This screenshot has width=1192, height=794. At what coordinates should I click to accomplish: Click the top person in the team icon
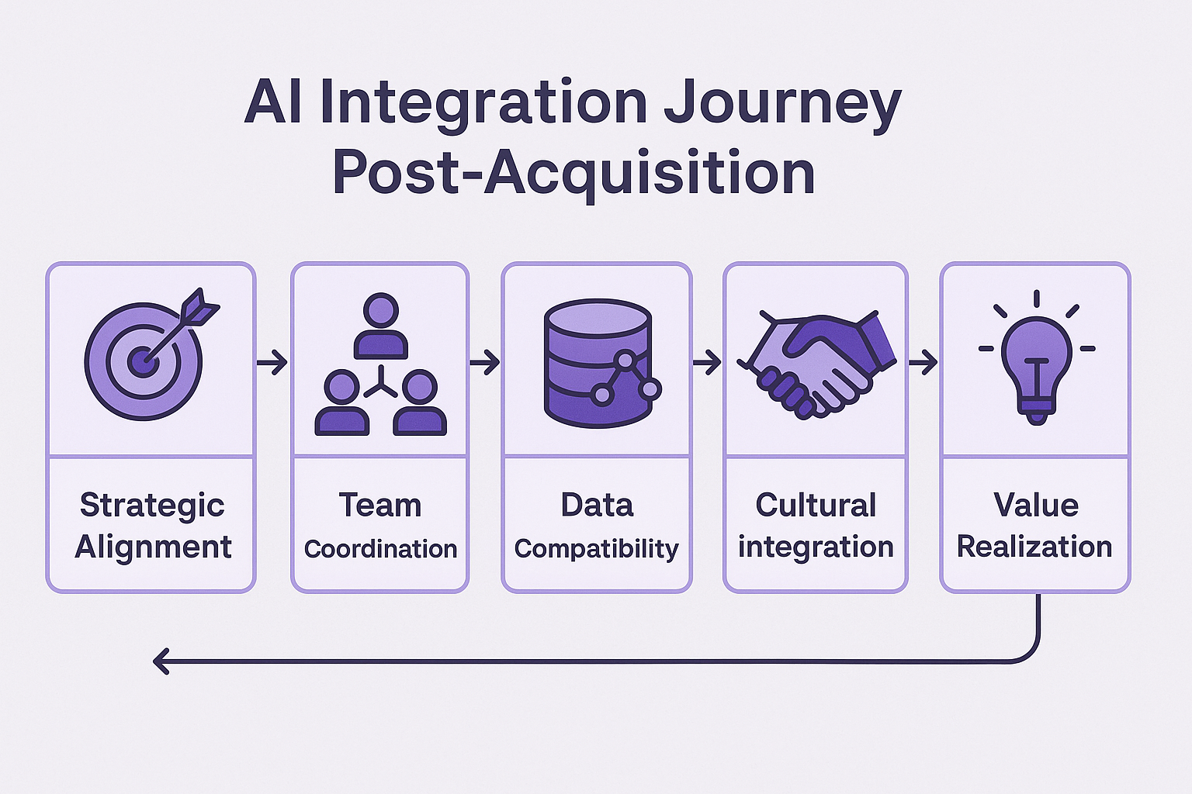click(x=381, y=326)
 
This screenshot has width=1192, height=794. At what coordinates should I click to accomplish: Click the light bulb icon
click(x=1037, y=357)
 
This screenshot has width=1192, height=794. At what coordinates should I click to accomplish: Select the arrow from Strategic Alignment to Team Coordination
click(x=272, y=363)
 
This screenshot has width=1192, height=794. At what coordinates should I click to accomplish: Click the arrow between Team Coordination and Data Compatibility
click(x=484, y=363)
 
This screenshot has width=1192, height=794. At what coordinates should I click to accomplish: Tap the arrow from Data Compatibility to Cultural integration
click(x=707, y=363)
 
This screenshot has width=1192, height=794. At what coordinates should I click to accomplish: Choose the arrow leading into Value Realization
click(x=923, y=363)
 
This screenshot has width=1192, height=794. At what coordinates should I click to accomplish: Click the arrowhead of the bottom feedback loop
click(x=160, y=661)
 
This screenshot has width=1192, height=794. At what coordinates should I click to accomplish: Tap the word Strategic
click(x=152, y=506)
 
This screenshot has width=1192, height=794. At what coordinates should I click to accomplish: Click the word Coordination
click(x=380, y=549)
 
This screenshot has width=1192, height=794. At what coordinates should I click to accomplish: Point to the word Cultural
click(x=816, y=505)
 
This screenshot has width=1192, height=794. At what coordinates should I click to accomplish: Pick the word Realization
click(x=1034, y=547)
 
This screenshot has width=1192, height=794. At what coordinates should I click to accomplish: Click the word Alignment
click(x=153, y=547)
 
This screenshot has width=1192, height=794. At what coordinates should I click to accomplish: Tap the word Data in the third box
click(x=597, y=505)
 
